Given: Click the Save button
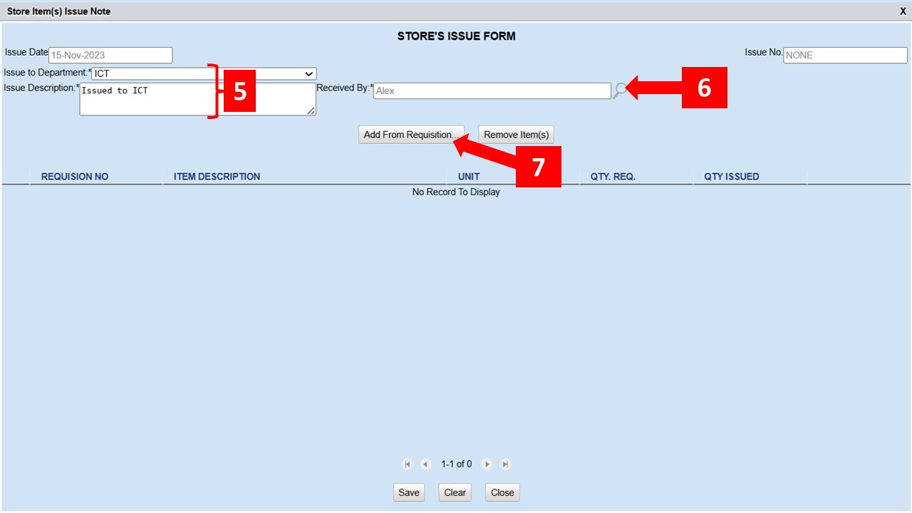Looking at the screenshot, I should (408, 492).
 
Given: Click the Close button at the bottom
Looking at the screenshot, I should (502, 492).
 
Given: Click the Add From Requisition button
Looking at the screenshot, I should (410, 135).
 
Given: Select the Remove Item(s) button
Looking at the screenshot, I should (516, 135).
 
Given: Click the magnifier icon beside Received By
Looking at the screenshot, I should (621, 90).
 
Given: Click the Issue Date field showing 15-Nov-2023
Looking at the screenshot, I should (110, 55).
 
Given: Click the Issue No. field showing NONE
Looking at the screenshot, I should (845, 55).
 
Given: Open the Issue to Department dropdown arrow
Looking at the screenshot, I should (309, 73).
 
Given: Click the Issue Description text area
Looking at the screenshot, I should (197, 99).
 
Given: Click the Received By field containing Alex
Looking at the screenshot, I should (492, 90).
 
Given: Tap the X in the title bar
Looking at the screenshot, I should (903, 11).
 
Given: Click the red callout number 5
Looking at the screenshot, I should (240, 91).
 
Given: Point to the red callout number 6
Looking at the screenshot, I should (704, 88).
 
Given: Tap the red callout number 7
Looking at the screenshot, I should (538, 167).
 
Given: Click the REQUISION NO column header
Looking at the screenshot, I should (75, 177).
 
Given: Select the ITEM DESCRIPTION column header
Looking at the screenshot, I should (217, 177).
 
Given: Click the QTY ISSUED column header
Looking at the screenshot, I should (731, 177).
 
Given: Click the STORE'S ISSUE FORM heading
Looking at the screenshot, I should (456, 36).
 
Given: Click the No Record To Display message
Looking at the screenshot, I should (456, 192).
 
